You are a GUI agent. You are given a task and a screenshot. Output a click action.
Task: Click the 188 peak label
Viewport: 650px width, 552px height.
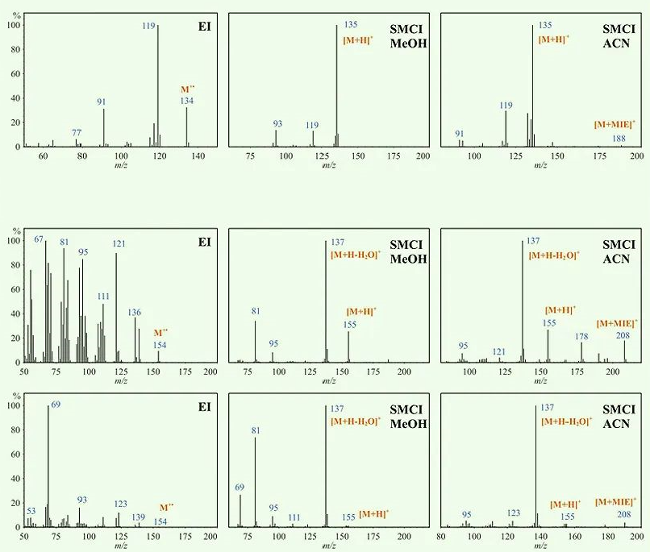(x=619, y=139)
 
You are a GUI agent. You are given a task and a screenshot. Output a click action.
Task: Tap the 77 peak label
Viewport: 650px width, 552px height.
(x=77, y=132)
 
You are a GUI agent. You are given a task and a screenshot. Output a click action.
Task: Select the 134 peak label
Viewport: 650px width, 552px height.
(x=187, y=101)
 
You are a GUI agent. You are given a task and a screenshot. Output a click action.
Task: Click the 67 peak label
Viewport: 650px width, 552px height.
(x=40, y=239)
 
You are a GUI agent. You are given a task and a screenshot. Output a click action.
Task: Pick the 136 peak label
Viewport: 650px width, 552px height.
(x=135, y=312)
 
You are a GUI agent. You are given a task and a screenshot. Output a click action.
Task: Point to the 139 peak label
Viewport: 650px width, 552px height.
(x=139, y=517)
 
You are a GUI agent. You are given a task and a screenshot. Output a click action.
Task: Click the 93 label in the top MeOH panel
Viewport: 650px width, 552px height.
(x=277, y=123)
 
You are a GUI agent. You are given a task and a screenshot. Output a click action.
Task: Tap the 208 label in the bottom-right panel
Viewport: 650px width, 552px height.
(x=624, y=513)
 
